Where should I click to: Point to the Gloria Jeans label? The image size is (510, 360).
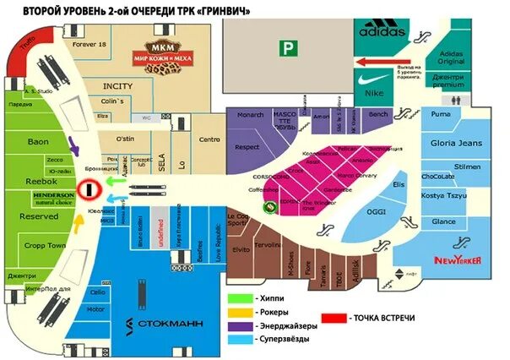[456, 143]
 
